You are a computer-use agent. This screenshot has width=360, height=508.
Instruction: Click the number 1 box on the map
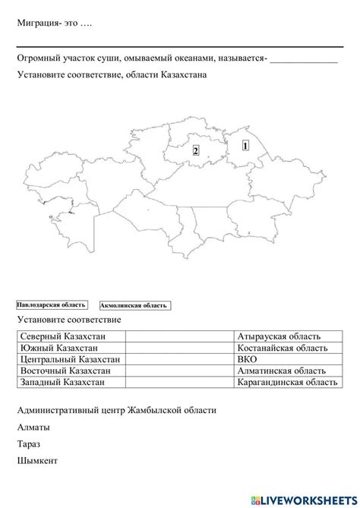pyautogui.click(x=245, y=144)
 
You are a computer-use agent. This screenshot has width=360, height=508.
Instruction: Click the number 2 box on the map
pyautogui.click(x=195, y=151)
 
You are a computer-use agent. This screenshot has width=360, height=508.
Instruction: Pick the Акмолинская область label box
pyautogui.click(x=134, y=305)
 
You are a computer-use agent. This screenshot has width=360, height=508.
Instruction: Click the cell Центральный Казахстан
pyautogui.click(x=68, y=359)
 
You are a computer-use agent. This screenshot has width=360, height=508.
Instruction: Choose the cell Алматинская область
pyautogui.click(x=282, y=371)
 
